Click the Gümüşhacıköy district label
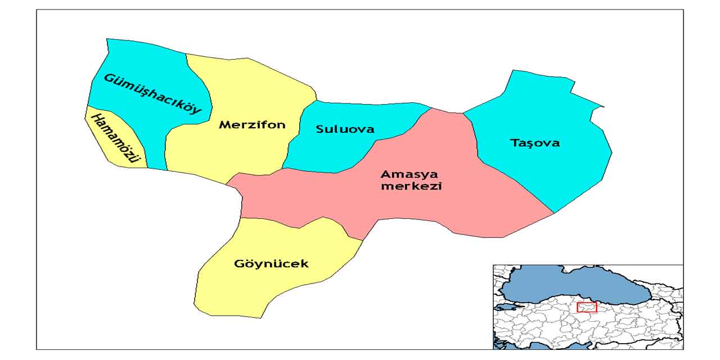coord(152,93)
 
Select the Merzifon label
coord(252,124)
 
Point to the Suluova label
coord(345,129)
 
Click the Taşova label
coord(535,143)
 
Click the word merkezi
coord(411,186)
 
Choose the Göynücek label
coord(271,263)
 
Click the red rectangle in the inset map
coord(587,307)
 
